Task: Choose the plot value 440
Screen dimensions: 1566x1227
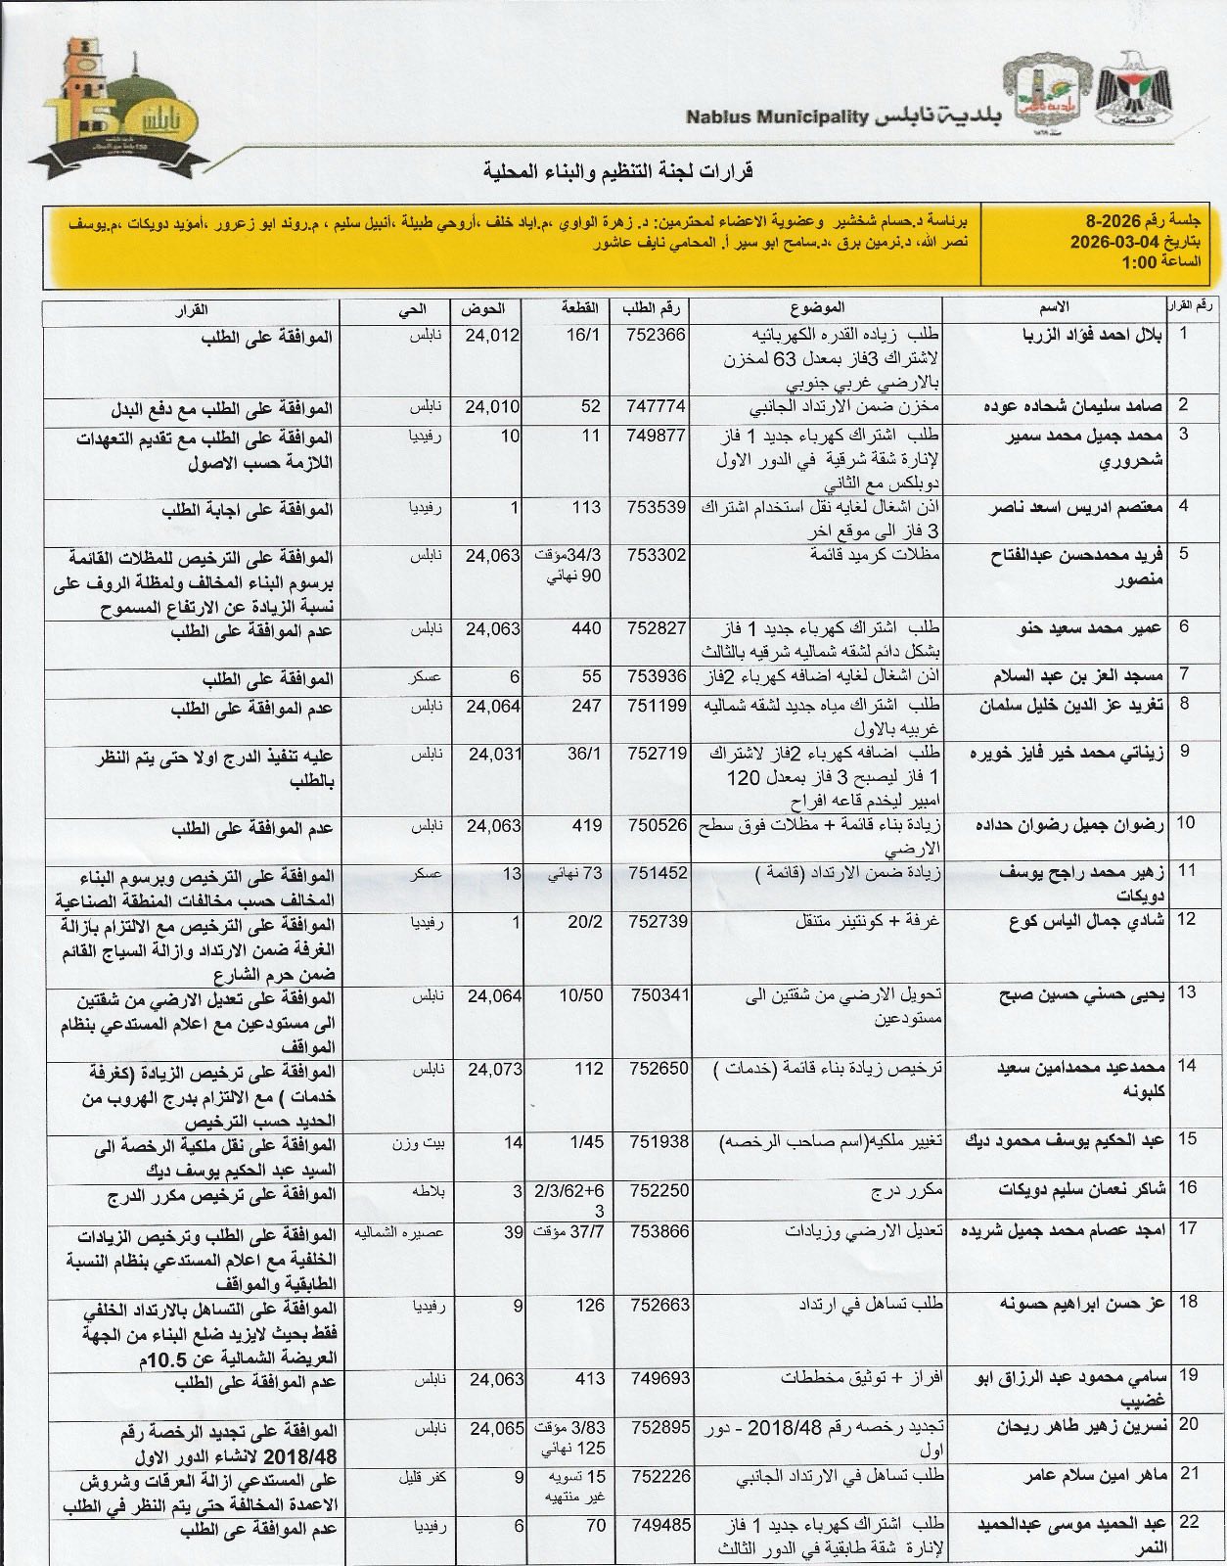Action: (587, 629)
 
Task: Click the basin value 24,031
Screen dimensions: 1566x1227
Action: (494, 754)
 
